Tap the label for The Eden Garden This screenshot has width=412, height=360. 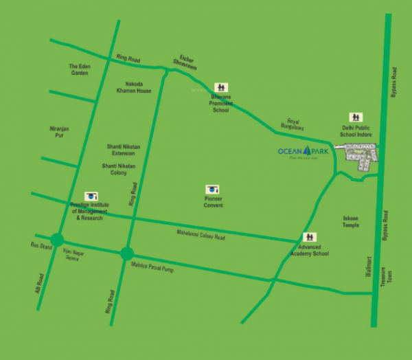tap(79, 69)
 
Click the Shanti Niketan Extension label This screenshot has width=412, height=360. tap(125, 150)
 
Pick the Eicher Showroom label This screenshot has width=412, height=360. tap(188, 61)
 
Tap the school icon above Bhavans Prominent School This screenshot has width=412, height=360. tap(220, 87)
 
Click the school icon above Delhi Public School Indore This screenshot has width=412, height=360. tap(356, 117)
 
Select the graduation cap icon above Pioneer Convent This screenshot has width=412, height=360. tap(213, 189)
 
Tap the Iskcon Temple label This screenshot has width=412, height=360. tap(350, 222)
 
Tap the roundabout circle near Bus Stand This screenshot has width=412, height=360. tap(57, 240)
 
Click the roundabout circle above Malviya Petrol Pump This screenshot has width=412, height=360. tap(126, 254)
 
